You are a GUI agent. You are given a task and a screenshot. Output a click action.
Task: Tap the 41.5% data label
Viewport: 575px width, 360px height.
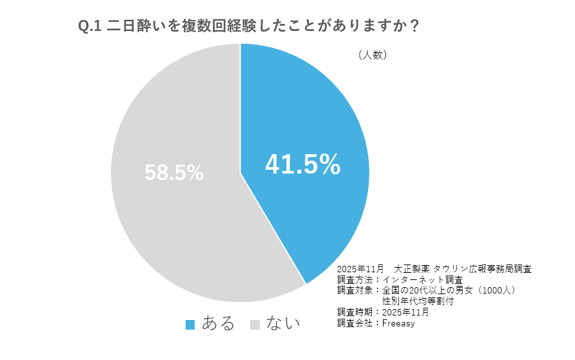coord(302,165)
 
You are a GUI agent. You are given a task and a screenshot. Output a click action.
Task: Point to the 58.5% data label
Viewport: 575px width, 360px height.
coord(174,172)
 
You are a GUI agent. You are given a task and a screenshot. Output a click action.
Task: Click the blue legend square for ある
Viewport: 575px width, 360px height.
coord(190,325)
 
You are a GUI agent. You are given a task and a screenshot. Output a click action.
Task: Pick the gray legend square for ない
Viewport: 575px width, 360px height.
coord(254,325)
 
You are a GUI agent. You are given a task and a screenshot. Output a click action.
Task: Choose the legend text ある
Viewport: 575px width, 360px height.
coord(219,323)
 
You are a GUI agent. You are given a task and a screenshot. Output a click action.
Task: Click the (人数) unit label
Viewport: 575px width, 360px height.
coord(372,55)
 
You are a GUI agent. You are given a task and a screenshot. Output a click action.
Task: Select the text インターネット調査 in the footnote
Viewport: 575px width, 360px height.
coord(422,280)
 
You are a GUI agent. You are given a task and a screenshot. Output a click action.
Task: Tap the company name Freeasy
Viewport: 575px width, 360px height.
coord(398,323)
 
